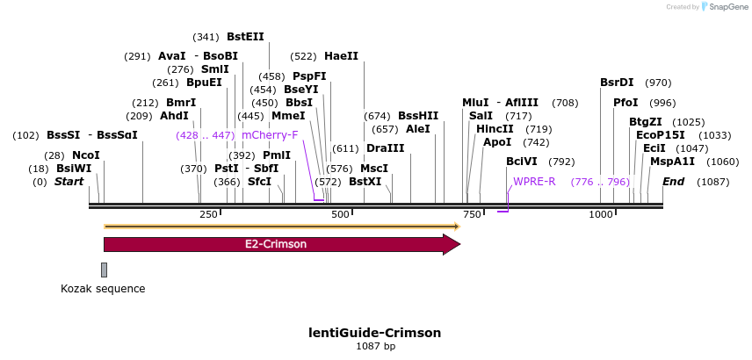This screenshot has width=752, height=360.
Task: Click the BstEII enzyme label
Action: (245, 37)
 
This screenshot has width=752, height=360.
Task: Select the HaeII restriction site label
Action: (341, 55)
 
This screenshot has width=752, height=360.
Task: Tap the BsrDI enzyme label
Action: (617, 83)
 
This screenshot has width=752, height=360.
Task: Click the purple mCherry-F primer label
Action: (270, 134)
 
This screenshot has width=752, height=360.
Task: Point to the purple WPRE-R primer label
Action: (534, 182)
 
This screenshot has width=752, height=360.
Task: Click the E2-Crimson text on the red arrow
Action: (276, 244)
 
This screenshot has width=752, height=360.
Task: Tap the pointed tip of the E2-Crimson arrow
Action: (458, 244)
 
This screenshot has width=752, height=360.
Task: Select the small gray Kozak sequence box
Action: (104, 270)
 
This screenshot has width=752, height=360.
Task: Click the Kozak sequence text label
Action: (103, 289)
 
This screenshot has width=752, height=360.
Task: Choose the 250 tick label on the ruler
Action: (208, 215)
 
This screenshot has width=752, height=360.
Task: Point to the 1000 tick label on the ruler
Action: (601, 215)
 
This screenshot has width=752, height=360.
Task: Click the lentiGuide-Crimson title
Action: (375, 333)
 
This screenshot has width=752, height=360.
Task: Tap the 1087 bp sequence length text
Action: (375, 347)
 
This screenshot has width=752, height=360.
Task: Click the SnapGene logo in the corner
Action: (727, 7)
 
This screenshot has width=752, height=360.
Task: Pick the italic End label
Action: (673, 182)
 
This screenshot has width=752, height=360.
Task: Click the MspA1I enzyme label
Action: (672, 162)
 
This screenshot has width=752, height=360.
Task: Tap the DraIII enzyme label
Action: (385, 148)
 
